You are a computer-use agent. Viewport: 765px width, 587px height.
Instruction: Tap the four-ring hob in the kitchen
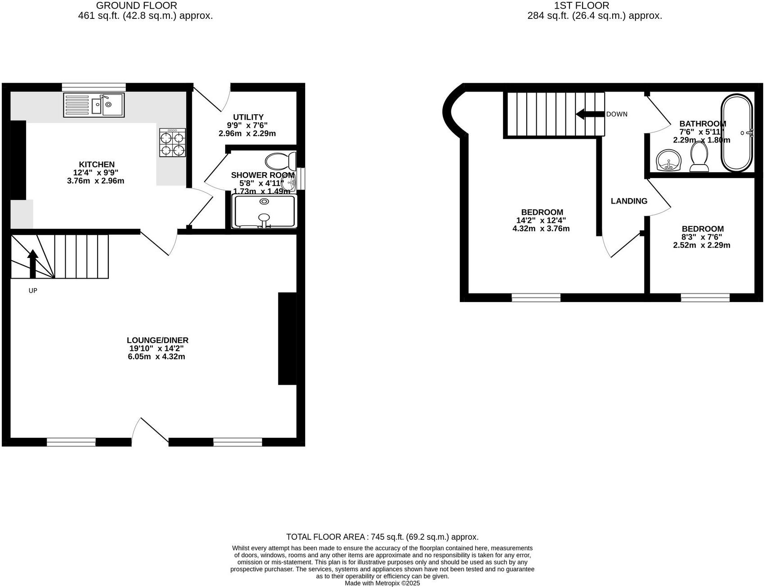(173, 142)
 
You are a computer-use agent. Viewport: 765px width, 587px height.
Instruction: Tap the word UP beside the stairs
(33, 291)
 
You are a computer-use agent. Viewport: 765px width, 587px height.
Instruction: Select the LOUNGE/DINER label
(157, 340)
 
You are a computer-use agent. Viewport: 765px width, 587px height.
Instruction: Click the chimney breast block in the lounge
(287, 338)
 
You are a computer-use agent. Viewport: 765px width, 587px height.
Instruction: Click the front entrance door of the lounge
(151, 431)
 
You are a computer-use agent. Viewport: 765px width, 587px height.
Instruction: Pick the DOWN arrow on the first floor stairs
(589, 114)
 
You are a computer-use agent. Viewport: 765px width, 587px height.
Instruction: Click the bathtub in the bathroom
(736, 133)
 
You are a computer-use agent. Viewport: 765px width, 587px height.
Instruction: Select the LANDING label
(629, 201)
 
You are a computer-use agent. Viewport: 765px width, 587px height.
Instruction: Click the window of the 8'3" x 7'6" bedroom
(705, 297)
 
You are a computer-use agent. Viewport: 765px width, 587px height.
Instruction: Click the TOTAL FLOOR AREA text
(382, 537)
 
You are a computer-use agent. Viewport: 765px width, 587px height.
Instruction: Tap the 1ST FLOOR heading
(582, 6)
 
